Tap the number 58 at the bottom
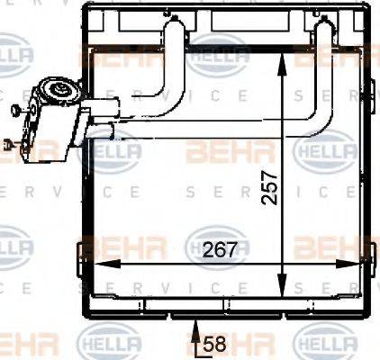213,344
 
